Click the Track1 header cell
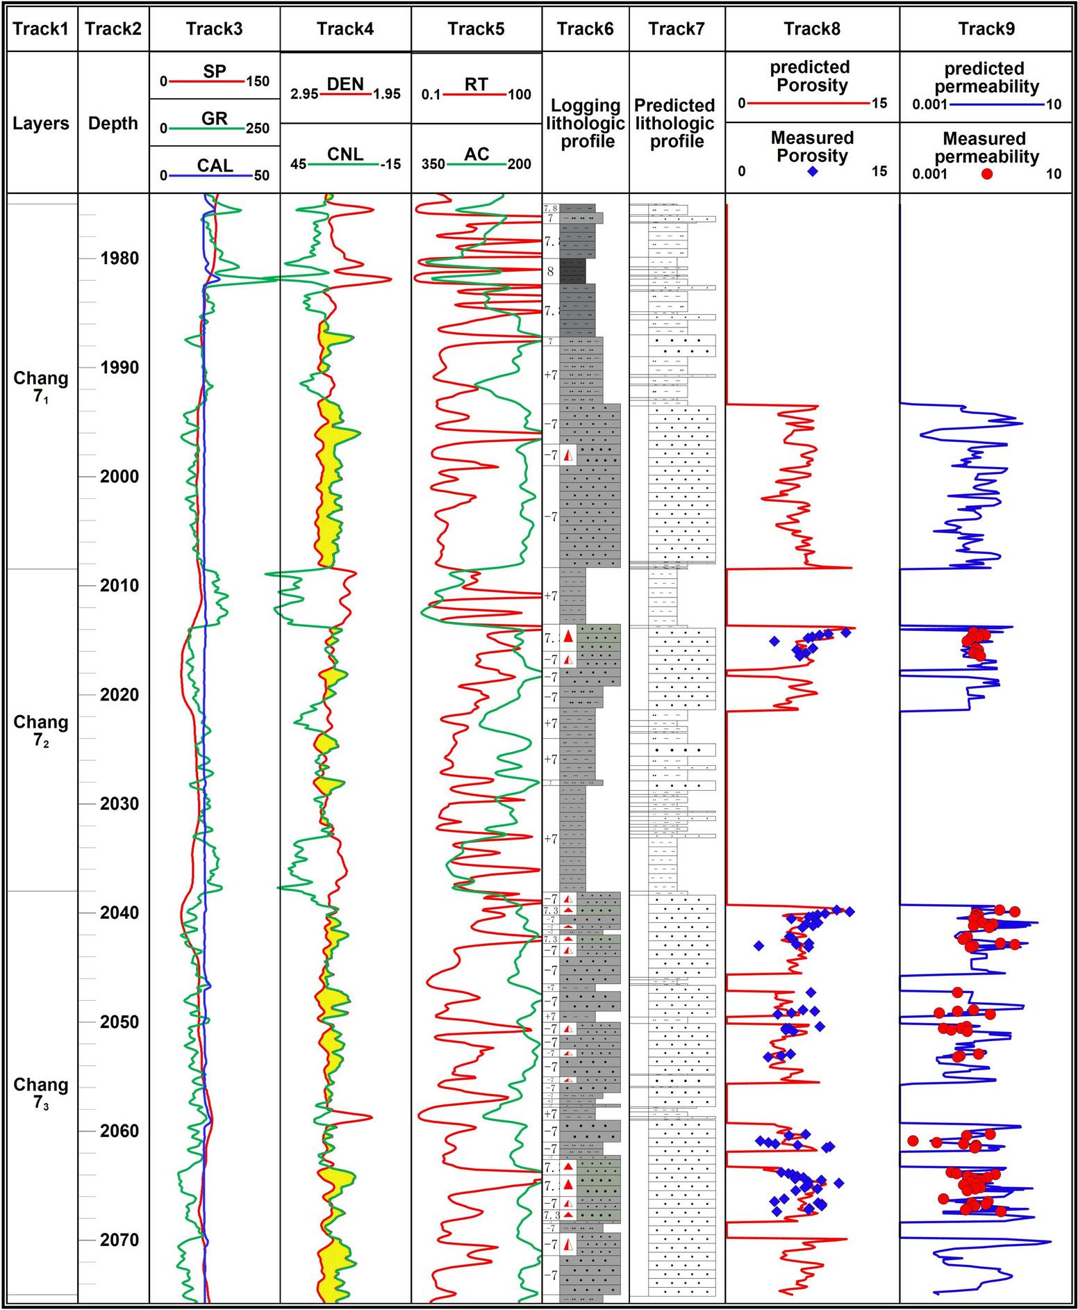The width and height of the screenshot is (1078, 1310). pyautogui.click(x=41, y=28)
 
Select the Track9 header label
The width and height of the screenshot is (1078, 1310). pyautogui.click(x=986, y=28)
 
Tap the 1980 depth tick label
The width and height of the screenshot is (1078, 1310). pyautogui.click(x=119, y=259)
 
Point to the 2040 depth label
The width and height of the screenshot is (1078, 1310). pyautogui.click(x=119, y=912)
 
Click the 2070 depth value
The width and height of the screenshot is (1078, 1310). pyautogui.click(x=119, y=1240)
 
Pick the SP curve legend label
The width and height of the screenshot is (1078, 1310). pyautogui.click(x=215, y=72)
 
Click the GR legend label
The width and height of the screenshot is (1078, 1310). pyautogui.click(x=215, y=119)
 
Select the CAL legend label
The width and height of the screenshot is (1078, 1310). pyautogui.click(x=215, y=165)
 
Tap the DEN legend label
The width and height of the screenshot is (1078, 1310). pyautogui.click(x=345, y=84)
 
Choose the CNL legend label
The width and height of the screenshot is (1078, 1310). pyautogui.click(x=345, y=154)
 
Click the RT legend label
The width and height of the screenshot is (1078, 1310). pyautogui.click(x=476, y=84)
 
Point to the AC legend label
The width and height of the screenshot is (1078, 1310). pyautogui.click(x=476, y=154)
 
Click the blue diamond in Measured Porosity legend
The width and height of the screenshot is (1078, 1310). pyautogui.click(x=813, y=172)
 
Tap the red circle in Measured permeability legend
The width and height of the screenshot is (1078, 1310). pyautogui.click(x=987, y=174)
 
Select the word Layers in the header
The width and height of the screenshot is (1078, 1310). pyautogui.click(x=41, y=124)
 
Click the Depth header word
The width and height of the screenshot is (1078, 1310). pyautogui.click(x=113, y=124)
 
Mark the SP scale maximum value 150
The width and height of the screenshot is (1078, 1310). pyautogui.click(x=258, y=81)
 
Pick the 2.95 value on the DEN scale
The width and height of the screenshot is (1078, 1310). pyautogui.click(x=304, y=95)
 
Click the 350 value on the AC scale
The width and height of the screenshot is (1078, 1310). pyautogui.click(x=433, y=165)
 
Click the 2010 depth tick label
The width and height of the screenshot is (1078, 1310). pyautogui.click(x=119, y=586)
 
